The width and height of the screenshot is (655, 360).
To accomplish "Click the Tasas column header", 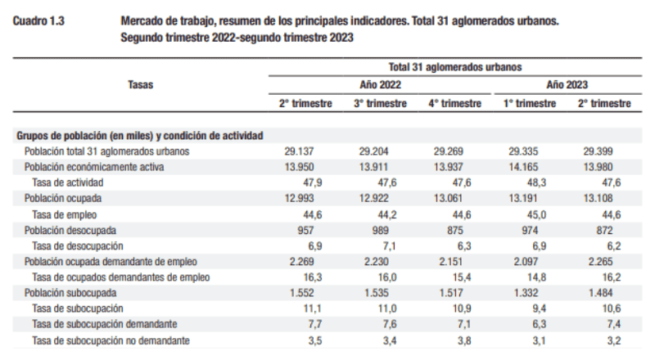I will coord(141,83).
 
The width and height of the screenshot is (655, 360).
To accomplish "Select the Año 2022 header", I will coord(380,84).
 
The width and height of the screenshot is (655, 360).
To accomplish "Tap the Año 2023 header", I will coord(567,84).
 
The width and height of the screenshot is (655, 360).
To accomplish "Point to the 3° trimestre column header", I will coord(380,104).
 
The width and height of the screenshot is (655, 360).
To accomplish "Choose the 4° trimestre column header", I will coord(454,104).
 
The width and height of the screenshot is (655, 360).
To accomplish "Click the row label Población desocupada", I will coord(70,231).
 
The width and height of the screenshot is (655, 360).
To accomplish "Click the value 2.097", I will coord(527,262).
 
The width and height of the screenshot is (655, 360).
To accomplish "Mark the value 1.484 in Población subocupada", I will coord(602,293).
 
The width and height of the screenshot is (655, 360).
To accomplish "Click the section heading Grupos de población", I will coord(139,136).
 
